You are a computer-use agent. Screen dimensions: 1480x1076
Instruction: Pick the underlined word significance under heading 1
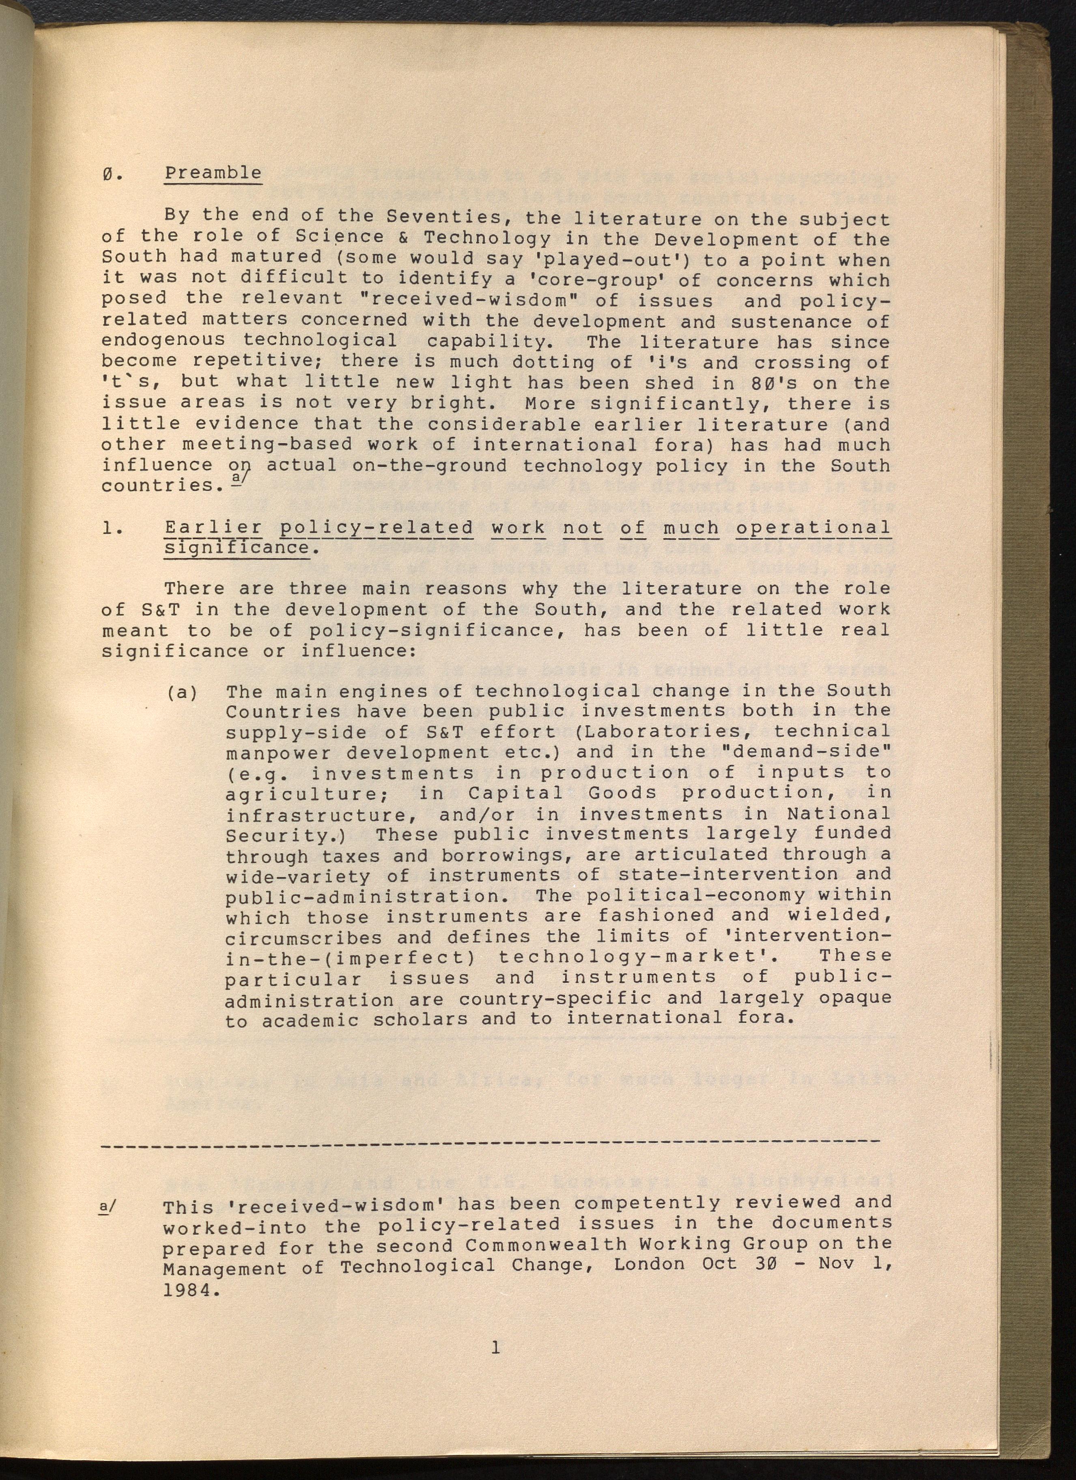[236, 548]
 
